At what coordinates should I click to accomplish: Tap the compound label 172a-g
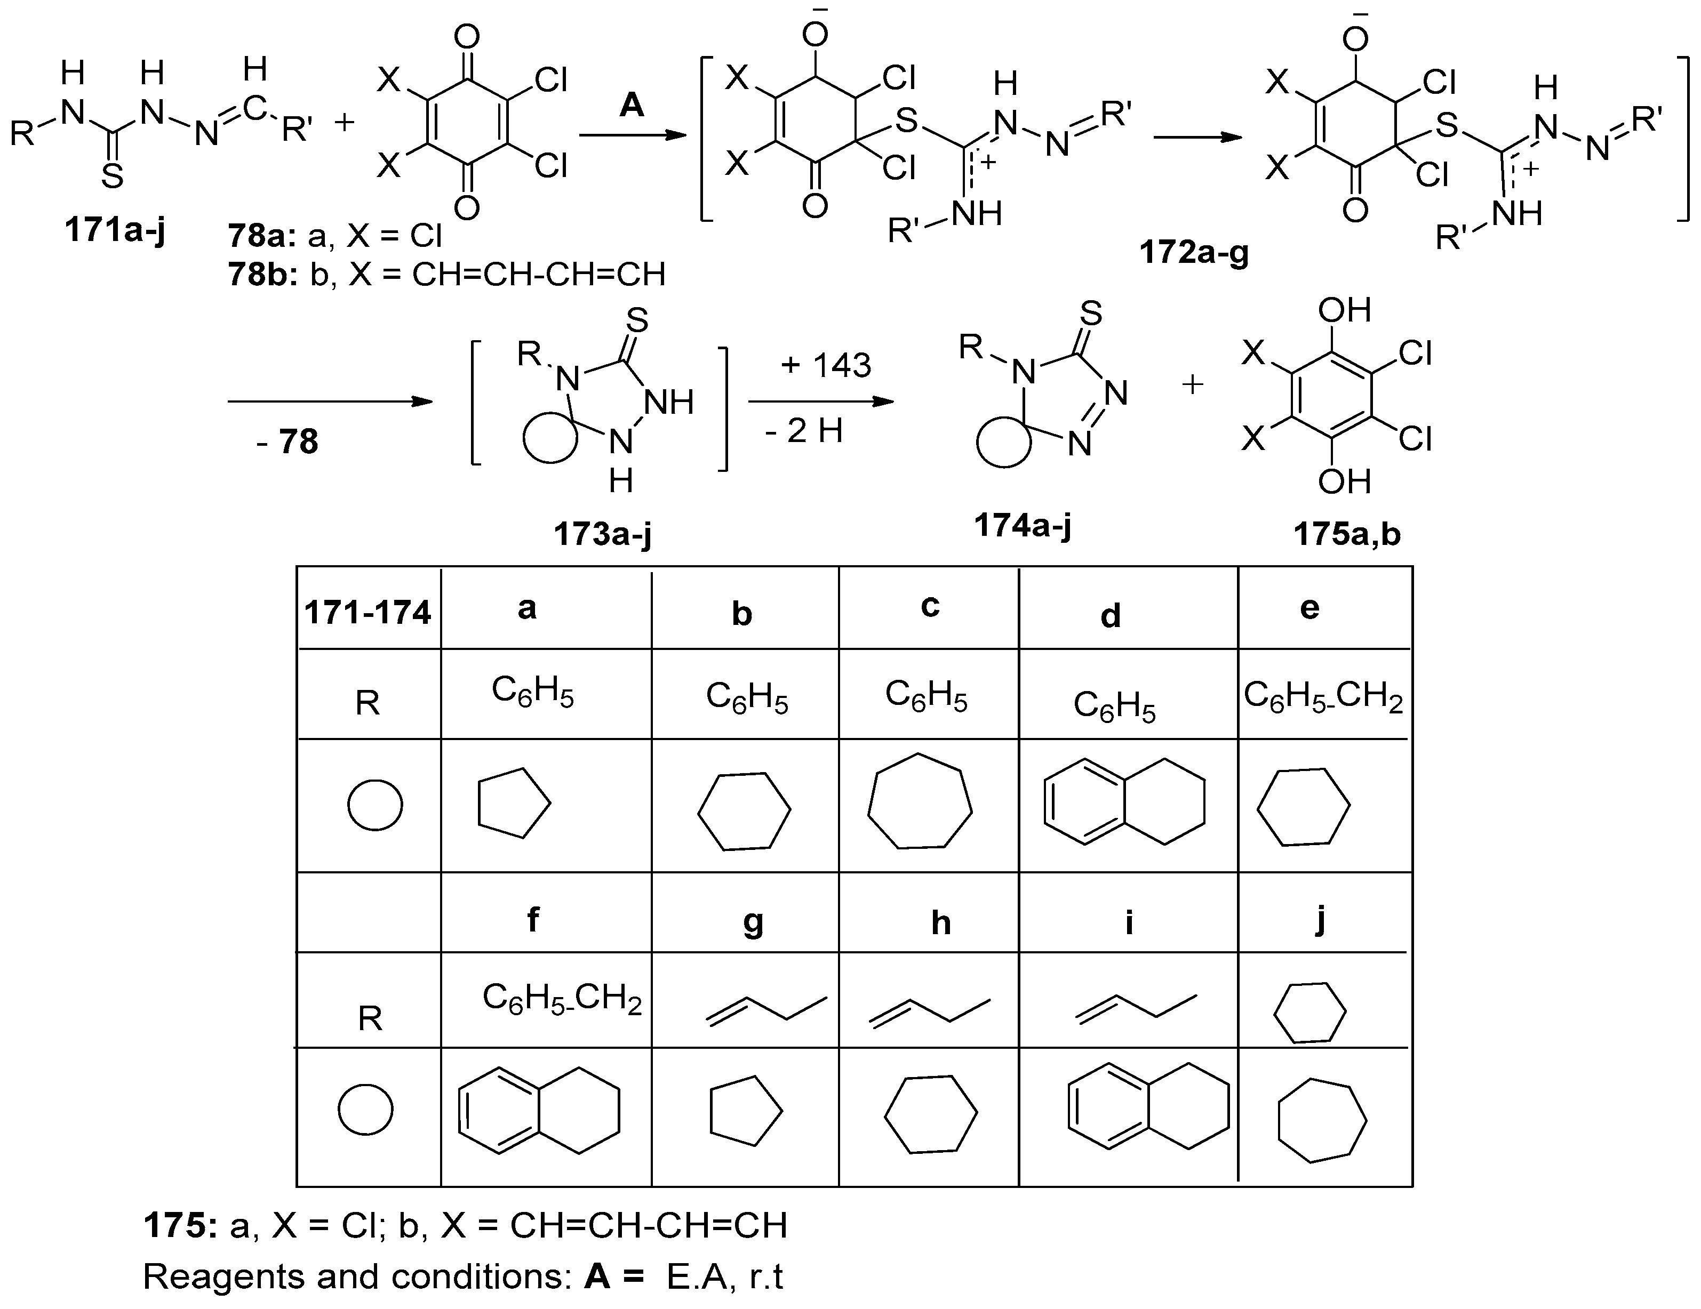tap(1194, 252)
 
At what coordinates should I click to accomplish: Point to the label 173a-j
tap(602, 534)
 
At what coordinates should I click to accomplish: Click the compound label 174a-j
tap(1023, 526)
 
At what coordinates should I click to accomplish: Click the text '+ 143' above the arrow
tap(826, 364)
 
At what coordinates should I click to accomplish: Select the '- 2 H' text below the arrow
tap(804, 431)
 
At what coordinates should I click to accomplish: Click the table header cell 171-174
tap(368, 613)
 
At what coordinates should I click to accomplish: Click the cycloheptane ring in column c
tap(920, 800)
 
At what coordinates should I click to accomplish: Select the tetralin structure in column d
tap(1124, 800)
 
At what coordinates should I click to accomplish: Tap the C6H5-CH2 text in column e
tap(1323, 695)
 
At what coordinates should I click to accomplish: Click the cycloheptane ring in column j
tap(1322, 1121)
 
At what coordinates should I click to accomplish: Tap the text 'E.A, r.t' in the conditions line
tap(724, 1276)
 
